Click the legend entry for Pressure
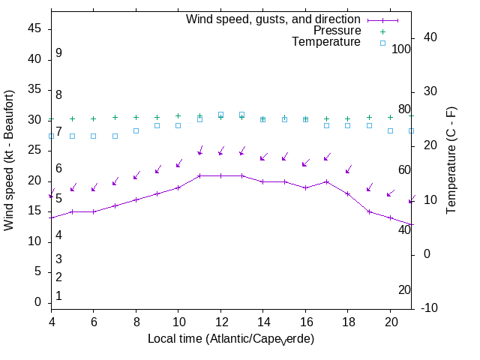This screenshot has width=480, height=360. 337,31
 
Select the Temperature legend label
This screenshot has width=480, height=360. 326,43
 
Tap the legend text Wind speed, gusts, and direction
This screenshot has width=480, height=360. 274,19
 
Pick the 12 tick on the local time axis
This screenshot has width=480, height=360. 220,320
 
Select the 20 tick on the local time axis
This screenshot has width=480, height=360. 390,320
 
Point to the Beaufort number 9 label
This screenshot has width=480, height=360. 58,53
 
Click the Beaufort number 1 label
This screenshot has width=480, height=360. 58,296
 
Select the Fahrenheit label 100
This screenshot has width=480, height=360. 401,49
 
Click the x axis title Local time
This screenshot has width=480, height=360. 230,339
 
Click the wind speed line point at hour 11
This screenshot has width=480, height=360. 199,176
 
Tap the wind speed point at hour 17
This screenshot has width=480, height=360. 326,181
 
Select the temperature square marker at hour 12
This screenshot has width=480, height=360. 220,115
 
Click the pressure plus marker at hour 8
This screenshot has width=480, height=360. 136,118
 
